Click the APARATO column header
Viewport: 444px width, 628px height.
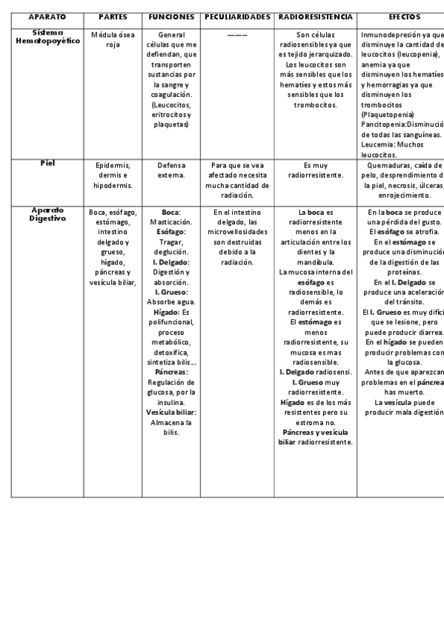47,16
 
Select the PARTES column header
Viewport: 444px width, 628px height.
113,16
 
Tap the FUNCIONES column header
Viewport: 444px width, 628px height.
171,16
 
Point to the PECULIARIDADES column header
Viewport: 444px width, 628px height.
237,16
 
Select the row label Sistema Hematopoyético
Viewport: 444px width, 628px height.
47,36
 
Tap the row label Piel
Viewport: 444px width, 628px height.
47,163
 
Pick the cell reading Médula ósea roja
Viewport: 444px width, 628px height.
113,40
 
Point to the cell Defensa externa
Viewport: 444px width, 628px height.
171,170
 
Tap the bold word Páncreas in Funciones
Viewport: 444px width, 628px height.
171,372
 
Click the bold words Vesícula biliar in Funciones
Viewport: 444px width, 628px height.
171,412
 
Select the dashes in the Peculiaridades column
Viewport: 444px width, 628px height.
237,35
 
